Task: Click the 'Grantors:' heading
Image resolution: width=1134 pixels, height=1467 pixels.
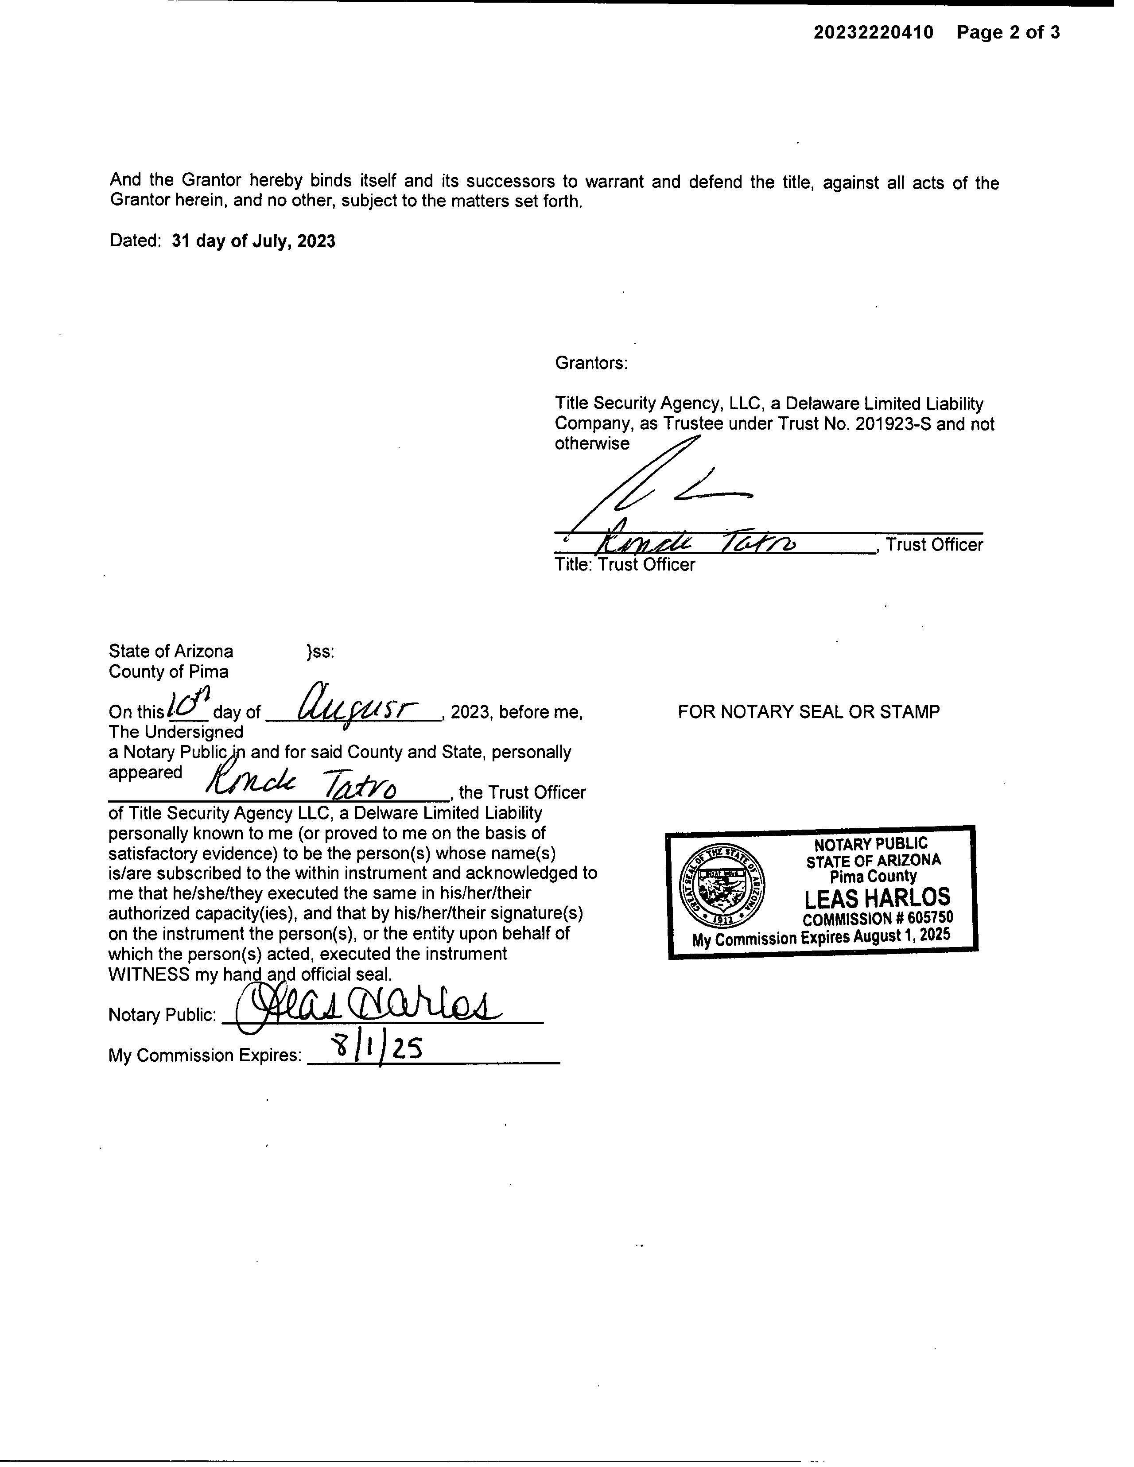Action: pyautogui.click(x=591, y=363)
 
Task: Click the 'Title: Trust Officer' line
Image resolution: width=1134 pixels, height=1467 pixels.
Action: pyautogui.click(x=625, y=564)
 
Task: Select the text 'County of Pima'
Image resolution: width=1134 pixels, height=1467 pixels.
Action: pyautogui.click(x=169, y=671)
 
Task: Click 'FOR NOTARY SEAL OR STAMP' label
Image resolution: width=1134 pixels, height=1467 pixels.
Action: pyautogui.click(x=808, y=711)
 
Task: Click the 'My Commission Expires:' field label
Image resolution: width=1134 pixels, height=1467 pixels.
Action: pyautogui.click(x=205, y=1055)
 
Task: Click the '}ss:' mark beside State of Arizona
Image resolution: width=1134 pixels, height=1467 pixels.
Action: pyautogui.click(x=320, y=652)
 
